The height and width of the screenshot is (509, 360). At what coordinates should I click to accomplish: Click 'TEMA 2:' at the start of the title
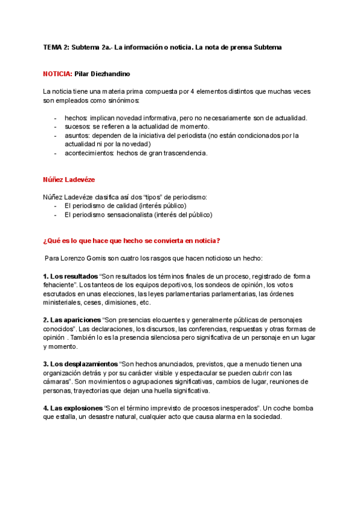pyautogui.click(x=56, y=47)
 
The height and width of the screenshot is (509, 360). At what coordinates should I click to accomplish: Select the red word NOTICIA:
pyautogui.click(x=57, y=74)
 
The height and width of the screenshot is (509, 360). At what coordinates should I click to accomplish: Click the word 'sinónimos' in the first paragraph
pyautogui.click(x=88, y=100)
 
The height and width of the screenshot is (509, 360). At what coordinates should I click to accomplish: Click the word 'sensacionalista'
pyautogui.click(x=128, y=214)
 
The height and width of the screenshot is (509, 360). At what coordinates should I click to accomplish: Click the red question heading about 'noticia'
pyautogui.click(x=131, y=241)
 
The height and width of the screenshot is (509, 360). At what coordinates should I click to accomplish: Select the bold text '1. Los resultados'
pyautogui.click(x=71, y=276)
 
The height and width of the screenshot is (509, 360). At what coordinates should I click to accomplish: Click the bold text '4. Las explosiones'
pyautogui.click(x=73, y=408)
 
